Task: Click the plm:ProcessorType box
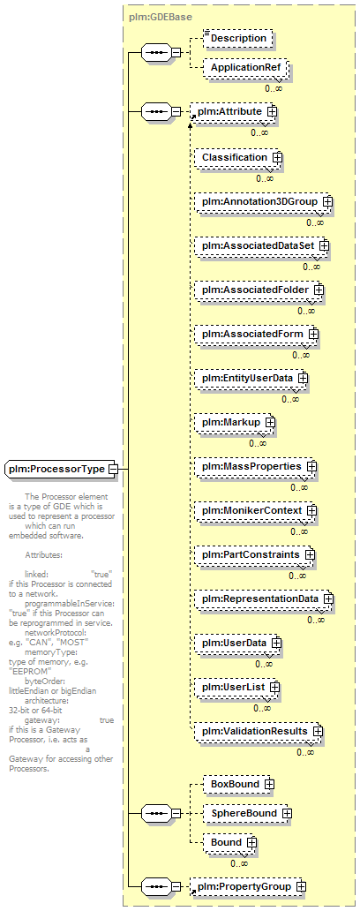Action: click(61, 469)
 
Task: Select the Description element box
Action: click(238, 38)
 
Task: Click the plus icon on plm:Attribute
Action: click(271, 111)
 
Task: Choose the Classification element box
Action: click(238, 157)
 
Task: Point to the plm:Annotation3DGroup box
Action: click(264, 201)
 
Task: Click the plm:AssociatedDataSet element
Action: click(262, 245)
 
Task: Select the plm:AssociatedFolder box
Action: click(259, 290)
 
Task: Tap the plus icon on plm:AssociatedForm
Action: click(313, 334)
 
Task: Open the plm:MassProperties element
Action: click(256, 467)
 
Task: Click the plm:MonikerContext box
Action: click(256, 511)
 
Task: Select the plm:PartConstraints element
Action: click(255, 555)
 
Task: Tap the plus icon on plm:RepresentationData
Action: click(328, 599)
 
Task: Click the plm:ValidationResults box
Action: click(259, 730)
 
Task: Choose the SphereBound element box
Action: click(247, 814)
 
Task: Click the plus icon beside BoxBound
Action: click(269, 785)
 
